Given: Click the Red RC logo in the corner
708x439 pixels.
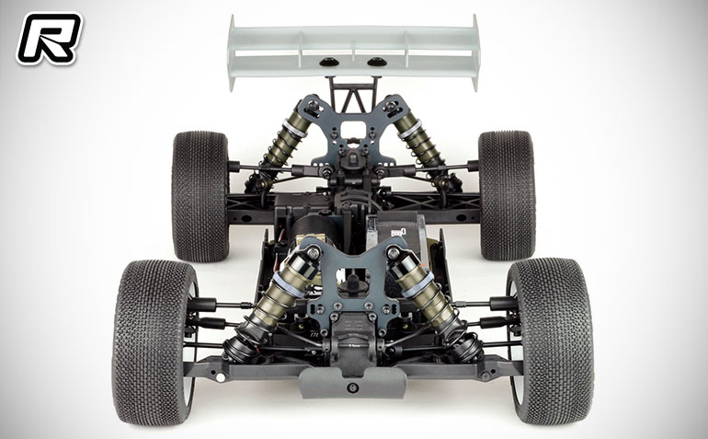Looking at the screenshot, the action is pyautogui.click(x=49, y=39).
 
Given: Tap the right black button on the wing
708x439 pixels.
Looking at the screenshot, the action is pyautogui.click(x=376, y=62).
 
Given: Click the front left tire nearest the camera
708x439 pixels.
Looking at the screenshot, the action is pyautogui.click(x=154, y=341).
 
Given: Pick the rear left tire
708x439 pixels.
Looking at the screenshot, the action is pyautogui.click(x=200, y=196).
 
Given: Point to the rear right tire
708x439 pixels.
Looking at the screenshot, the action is pyautogui.click(x=507, y=195).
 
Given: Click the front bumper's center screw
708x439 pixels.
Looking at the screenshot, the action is pyautogui.click(x=353, y=387).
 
